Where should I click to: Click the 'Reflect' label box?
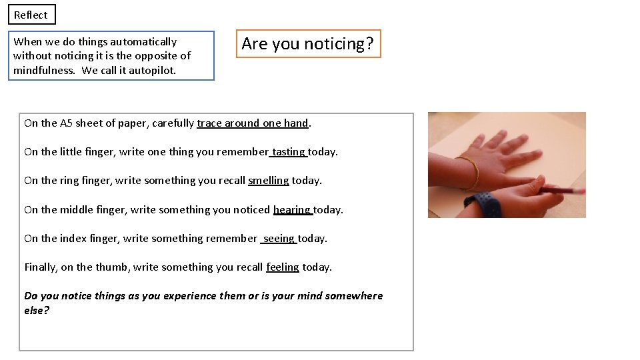tap(31, 15)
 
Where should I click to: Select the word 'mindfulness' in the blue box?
tap(44, 70)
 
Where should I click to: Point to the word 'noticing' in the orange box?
tap(334, 44)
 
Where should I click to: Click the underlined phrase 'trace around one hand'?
tap(253, 123)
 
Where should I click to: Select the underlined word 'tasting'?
tap(289, 152)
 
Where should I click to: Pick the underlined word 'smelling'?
tap(268, 181)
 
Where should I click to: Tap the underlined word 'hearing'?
tap(292, 210)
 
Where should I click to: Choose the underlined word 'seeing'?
tap(279, 239)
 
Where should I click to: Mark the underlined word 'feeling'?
tap(283, 267)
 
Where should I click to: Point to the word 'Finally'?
tap(40, 267)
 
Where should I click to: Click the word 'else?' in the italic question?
tap(37, 311)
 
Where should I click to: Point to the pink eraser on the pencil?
tap(581, 191)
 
